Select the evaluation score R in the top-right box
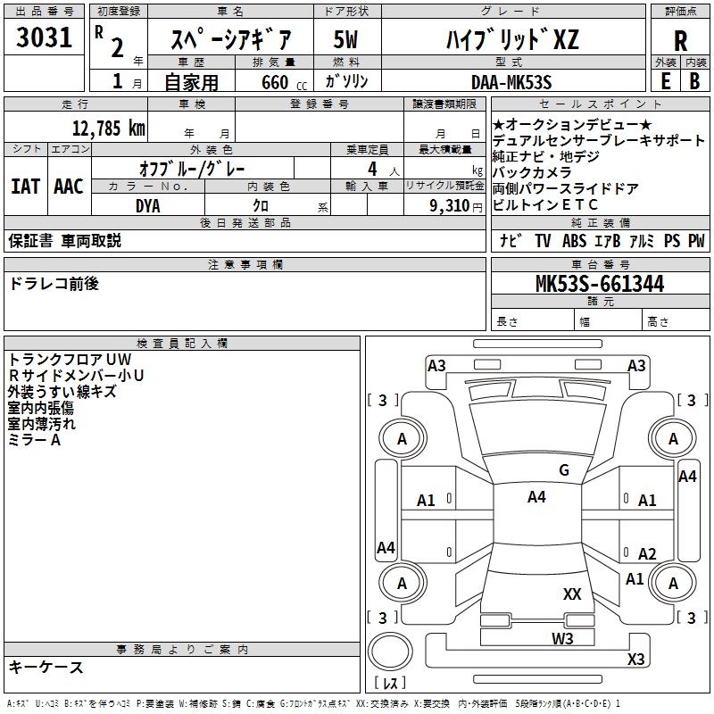coord(680,40)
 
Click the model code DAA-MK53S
coord(511,82)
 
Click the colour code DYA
coord(148,205)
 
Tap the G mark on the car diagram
coord(563,470)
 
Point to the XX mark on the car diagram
coord(572,594)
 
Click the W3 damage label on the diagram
coord(561,637)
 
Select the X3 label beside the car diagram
coord(635,659)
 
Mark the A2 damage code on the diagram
coord(647,554)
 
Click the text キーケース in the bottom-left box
coord(46,667)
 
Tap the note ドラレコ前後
coord(54,283)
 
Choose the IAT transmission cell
coord(26,187)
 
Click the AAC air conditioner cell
coord(68,187)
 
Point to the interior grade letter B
coord(694,81)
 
